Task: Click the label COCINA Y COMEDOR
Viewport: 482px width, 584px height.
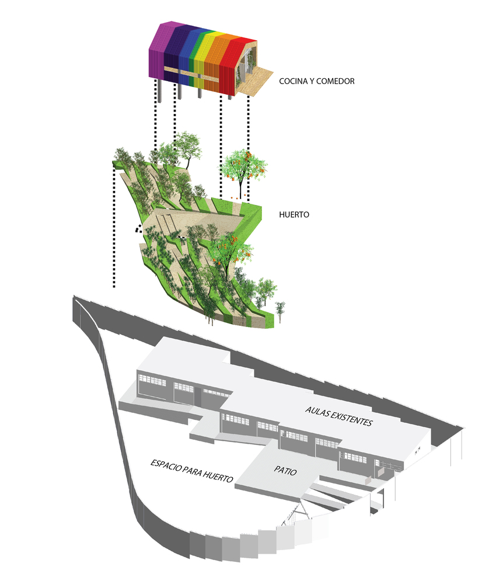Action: (316, 81)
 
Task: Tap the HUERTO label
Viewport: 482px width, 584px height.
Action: (294, 215)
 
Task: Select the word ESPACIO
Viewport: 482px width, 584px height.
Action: (163, 464)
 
